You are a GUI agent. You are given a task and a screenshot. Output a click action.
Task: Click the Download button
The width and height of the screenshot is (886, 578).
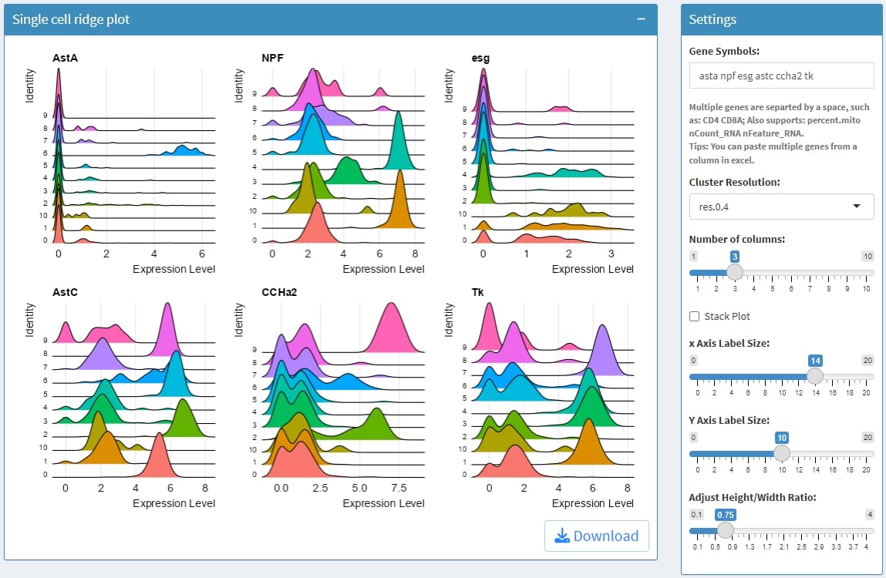point(596,536)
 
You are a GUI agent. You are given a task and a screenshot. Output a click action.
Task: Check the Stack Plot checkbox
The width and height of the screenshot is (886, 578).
point(695,316)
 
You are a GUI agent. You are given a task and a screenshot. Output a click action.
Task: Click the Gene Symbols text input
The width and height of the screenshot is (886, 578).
point(781,76)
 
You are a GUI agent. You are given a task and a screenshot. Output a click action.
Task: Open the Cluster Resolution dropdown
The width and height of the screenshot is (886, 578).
point(781,207)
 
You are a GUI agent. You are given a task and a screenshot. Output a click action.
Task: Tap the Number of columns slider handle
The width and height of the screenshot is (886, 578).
point(735,271)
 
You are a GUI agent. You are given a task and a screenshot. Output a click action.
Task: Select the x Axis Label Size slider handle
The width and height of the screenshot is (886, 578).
point(814,375)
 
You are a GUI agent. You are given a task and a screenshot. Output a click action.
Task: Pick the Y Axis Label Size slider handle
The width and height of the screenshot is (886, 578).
point(782,452)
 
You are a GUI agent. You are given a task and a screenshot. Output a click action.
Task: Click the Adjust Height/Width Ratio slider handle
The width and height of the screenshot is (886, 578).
point(725,529)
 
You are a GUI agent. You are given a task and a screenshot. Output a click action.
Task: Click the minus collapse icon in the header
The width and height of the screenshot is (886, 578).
point(641,19)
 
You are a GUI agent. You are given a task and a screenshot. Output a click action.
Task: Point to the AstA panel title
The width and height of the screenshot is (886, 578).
point(65,58)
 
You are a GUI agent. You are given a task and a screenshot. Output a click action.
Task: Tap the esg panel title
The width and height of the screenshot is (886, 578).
point(480,58)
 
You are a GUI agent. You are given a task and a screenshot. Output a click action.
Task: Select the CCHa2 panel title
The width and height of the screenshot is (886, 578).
point(278,292)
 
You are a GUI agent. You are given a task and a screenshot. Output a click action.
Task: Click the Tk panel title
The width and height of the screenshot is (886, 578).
point(477,292)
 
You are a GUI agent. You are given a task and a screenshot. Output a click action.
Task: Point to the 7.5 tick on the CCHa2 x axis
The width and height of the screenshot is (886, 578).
point(399,488)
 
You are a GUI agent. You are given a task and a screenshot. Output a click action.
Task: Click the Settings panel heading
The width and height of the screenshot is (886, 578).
point(713,19)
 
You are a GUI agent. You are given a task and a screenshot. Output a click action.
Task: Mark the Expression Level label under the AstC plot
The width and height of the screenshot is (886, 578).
point(173,503)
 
